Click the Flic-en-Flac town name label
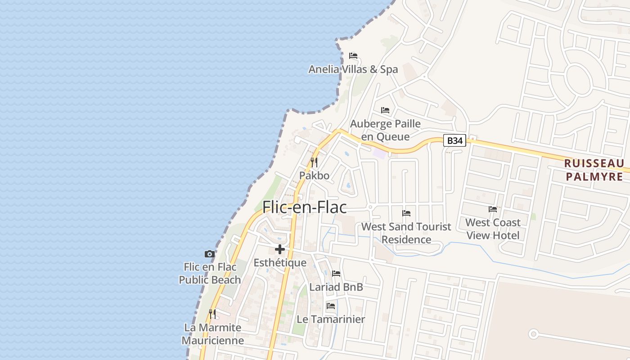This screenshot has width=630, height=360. (x=305, y=207)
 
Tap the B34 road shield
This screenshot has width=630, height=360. (x=454, y=140)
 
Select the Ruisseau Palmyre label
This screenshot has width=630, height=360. (x=594, y=170)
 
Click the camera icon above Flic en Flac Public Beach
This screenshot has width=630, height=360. (x=210, y=254)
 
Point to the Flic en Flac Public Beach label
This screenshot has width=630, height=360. (x=210, y=273)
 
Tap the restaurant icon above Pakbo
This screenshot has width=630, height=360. (x=314, y=162)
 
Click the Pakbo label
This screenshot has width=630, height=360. (x=314, y=175)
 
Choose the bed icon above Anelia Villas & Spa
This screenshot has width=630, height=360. (x=353, y=56)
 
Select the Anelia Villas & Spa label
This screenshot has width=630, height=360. (x=353, y=69)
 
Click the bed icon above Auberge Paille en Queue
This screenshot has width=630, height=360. (x=385, y=110)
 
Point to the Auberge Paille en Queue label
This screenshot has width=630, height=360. (x=386, y=130)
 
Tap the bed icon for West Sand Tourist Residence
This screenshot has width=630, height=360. (x=406, y=213)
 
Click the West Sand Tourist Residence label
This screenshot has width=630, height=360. (x=406, y=233)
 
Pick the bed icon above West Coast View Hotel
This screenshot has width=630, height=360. (x=493, y=209)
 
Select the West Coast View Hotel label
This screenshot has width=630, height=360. (x=493, y=229)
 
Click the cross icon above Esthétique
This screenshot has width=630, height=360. (x=280, y=249)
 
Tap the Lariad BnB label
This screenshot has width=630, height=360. (x=336, y=287)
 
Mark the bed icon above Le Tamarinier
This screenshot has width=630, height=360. (x=331, y=306)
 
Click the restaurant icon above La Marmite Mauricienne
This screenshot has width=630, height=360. (x=212, y=314)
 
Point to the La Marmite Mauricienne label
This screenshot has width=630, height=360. (x=213, y=333)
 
